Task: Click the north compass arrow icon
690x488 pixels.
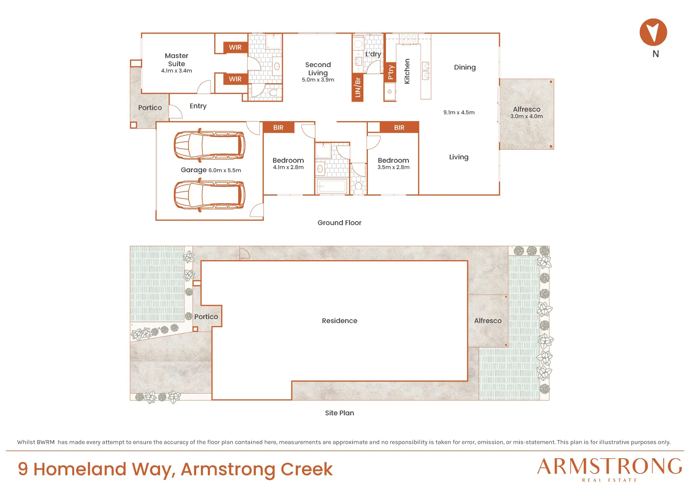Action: pyautogui.click(x=653, y=32)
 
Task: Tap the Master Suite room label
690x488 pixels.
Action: pyautogui.click(x=177, y=60)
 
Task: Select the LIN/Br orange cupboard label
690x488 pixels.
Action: pyautogui.click(x=357, y=88)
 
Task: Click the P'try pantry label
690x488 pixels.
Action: pyautogui.click(x=390, y=72)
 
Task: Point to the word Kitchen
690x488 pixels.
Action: pyautogui.click(x=407, y=71)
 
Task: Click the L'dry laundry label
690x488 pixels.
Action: pyautogui.click(x=373, y=54)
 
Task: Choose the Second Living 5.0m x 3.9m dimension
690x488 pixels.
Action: pyautogui.click(x=318, y=80)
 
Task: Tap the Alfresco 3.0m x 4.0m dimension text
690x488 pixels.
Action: pyautogui.click(x=526, y=117)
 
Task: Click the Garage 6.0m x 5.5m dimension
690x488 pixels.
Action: pyautogui.click(x=225, y=170)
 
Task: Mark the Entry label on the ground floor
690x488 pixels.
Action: pyautogui.click(x=198, y=106)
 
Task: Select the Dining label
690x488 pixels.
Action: pyautogui.click(x=465, y=67)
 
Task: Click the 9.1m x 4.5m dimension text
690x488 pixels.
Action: pyautogui.click(x=459, y=113)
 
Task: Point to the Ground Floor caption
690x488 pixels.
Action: pyautogui.click(x=339, y=223)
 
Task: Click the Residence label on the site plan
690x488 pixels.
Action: pyautogui.click(x=339, y=321)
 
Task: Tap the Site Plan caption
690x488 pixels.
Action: pyautogui.click(x=339, y=413)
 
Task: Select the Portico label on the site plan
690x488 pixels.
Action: pyautogui.click(x=206, y=317)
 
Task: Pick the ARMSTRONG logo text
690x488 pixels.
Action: pyautogui.click(x=609, y=466)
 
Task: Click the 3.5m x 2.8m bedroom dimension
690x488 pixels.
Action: pyautogui.click(x=394, y=167)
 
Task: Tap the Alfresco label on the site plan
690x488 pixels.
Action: pyautogui.click(x=488, y=321)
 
